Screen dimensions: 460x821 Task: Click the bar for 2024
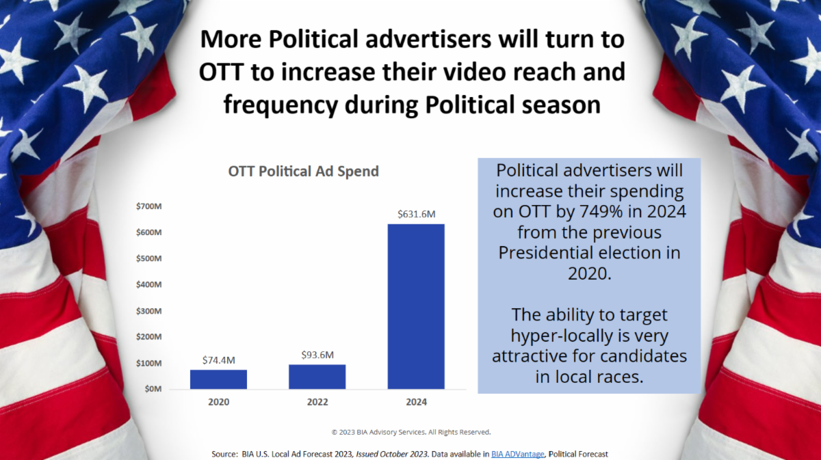pos(416,306)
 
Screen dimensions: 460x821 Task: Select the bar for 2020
pos(218,379)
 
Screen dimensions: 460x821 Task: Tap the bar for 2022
pos(317,377)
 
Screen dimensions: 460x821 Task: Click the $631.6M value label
pos(416,214)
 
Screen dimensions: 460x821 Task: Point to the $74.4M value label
pos(218,360)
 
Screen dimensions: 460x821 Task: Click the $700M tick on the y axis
pos(148,206)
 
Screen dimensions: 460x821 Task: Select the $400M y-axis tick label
pos(148,284)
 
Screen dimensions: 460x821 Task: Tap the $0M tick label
pos(151,389)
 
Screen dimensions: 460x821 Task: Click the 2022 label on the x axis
pos(317,402)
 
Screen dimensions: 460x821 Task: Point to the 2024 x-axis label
pos(416,402)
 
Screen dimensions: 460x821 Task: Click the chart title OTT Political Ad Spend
pos(303,171)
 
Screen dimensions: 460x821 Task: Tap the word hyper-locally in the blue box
pos(563,336)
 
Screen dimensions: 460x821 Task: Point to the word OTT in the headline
pos(223,72)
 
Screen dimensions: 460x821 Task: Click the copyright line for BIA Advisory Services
pos(410,432)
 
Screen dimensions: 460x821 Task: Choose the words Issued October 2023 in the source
pos(391,454)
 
